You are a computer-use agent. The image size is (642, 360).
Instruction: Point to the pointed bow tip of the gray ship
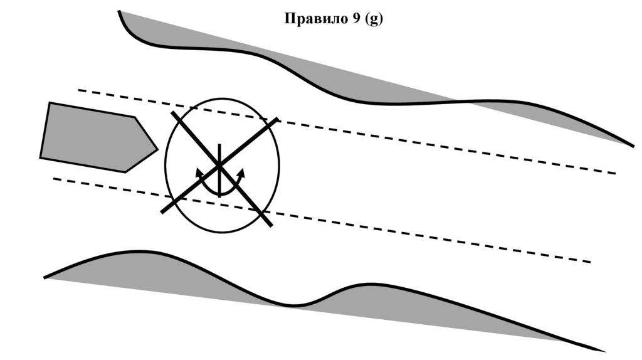tap(157, 150)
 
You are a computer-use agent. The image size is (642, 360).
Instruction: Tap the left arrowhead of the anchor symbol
tap(199, 171)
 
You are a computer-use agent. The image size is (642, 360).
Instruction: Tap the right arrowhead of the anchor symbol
tap(240, 171)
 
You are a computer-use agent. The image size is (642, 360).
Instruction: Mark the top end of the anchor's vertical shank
tap(219, 145)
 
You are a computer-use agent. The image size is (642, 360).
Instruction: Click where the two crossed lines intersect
tap(219, 166)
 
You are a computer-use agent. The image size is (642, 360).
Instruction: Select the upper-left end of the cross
tap(173, 114)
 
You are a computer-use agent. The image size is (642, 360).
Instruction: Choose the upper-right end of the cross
tap(276, 119)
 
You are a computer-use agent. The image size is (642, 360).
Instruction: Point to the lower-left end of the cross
tap(162, 213)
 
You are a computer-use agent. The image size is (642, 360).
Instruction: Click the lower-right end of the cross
tap(270, 225)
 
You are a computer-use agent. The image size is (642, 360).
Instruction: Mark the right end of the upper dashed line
tap(616, 173)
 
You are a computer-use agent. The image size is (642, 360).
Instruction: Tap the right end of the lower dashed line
tap(591, 262)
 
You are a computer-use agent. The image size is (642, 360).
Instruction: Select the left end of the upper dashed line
tap(79, 90)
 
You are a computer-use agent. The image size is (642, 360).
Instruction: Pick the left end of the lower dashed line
tap(55, 179)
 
